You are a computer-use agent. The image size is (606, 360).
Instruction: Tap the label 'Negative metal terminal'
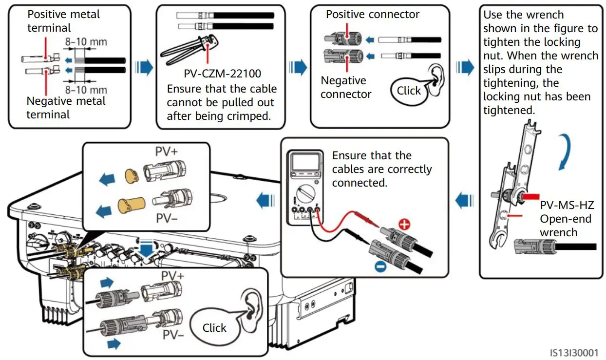click(x=66, y=108)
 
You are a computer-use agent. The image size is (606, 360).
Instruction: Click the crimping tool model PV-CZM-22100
click(x=222, y=74)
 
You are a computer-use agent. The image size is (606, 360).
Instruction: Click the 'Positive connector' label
click(x=372, y=15)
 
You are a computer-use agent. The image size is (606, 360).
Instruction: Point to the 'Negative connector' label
click(x=346, y=87)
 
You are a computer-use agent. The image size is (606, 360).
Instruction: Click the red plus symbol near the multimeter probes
click(x=404, y=225)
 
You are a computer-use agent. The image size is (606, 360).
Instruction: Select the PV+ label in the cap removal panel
click(x=167, y=152)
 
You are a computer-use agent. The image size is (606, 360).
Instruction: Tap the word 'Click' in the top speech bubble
click(x=409, y=90)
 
